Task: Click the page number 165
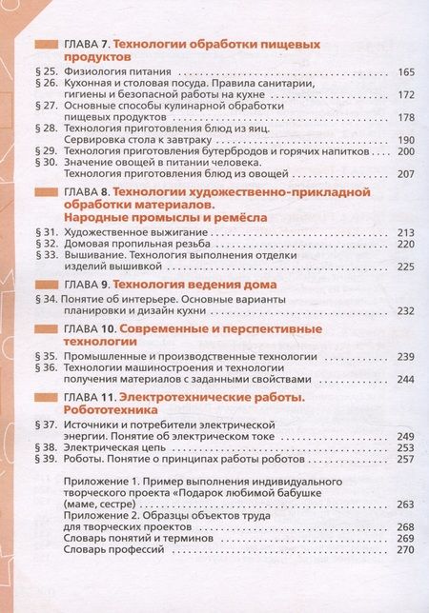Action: [405, 73]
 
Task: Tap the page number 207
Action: [405, 173]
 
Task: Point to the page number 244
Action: [405, 379]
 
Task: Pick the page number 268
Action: [405, 526]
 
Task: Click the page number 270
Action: [405, 549]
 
